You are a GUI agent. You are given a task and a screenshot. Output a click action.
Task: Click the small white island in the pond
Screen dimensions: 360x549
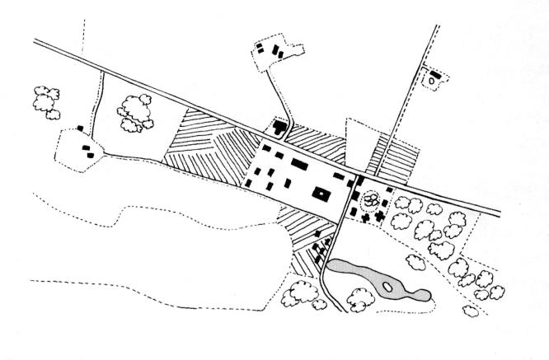coord(385,288)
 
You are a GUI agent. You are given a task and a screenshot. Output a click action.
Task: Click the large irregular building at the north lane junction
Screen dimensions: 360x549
coord(279,128)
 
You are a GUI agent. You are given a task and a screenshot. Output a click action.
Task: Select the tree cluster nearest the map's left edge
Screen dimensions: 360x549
coord(45,99)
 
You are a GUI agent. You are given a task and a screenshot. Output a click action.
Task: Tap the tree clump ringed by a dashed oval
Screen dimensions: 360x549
coord(371,199)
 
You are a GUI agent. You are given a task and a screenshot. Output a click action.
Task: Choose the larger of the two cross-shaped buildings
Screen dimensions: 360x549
coord(380,216)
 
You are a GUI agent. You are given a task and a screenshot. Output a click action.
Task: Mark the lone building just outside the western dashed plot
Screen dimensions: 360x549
coord(79,128)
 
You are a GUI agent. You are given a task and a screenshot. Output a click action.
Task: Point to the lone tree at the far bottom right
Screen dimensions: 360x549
coord(471,311)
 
